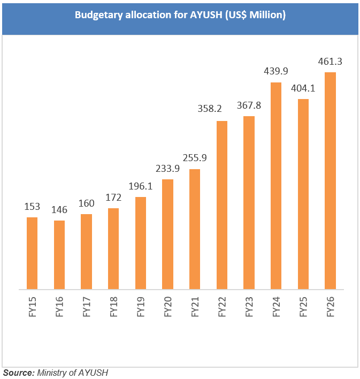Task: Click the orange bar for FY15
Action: (x=32, y=253)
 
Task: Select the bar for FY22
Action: (x=222, y=204)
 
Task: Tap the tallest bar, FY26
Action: (x=331, y=180)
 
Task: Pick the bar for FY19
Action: (x=141, y=243)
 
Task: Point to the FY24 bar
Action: (x=276, y=185)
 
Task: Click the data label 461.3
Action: (x=330, y=62)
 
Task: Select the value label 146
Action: (x=59, y=210)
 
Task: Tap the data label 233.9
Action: (x=167, y=169)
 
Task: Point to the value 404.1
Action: (x=303, y=89)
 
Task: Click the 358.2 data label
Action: (x=221, y=111)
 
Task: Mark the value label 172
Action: (x=113, y=198)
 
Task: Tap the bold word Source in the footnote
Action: (x=18, y=372)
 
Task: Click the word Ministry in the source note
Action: (x=52, y=372)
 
